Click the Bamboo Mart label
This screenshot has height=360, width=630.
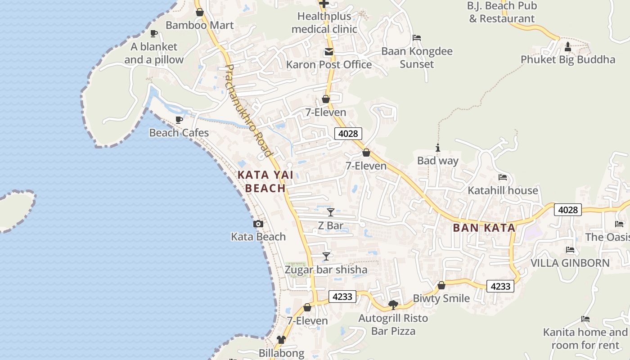coord(199,25)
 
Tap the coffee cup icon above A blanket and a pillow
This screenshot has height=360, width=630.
coord(154,33)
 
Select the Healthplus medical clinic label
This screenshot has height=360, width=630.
coord(324,22)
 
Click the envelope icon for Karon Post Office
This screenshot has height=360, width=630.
coord(329,52)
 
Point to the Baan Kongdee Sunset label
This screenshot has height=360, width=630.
coord(417,58)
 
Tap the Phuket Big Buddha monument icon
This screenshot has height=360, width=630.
coord(567,46)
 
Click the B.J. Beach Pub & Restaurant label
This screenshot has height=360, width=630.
coord(502,12)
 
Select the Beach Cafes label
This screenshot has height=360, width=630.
coord(179,133)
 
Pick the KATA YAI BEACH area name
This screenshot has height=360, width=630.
coord(265,181)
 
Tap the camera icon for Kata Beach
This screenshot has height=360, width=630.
coord(258,224)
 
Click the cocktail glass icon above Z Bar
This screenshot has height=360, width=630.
coord(331,212)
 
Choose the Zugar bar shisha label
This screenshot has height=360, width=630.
coord(326,270)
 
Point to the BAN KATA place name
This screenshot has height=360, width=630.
coord(484,228)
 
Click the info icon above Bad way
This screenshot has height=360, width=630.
coord(437,148)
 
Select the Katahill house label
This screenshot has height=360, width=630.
coord(503,190)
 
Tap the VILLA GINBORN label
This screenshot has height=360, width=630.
coord(570,263)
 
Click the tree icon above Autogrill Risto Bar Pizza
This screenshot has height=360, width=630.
coord(393,305)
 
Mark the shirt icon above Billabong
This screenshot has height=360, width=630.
coord(281,340)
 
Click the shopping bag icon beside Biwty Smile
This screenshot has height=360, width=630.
coord(441,285)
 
